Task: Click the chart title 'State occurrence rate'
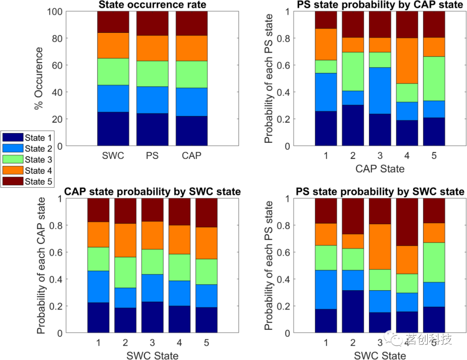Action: pos(152,5)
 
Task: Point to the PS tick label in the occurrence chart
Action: pos(152,156)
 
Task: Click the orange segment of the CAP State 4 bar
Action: pos(407,61)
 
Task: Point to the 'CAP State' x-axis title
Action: pos(380,169)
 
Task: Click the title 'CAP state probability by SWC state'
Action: pos(152,192)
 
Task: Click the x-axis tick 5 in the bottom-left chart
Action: pos(206,344)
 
